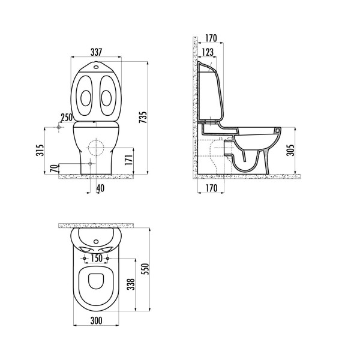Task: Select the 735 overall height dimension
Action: pos(143,118)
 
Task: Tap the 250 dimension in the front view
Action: pos(66,117)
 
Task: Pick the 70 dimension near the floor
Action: pos(53,169)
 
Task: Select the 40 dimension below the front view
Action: pos(99,189)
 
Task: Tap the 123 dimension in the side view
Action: pos(208,53)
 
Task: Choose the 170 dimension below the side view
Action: pos(211,189)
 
